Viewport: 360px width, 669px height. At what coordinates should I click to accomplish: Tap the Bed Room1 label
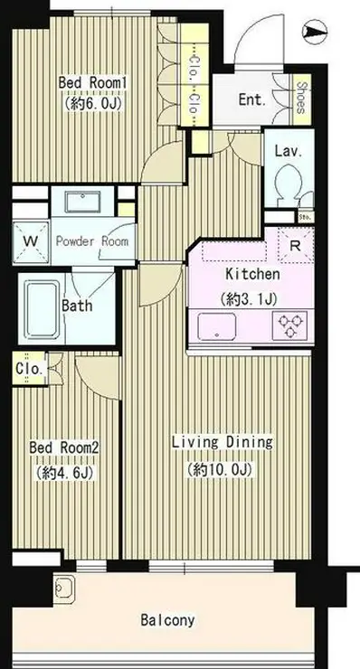click(92, 83)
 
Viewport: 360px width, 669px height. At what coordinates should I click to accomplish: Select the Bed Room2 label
click(64, 448)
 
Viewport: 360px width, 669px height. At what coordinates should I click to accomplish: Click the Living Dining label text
click(223, 442)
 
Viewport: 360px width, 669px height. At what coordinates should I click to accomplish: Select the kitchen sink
click(216, 327)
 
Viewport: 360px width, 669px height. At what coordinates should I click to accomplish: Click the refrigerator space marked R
click(296, 245)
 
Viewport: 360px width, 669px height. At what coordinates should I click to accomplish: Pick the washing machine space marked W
click(31, 241)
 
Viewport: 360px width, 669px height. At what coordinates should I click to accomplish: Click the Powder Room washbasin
click(83, 202)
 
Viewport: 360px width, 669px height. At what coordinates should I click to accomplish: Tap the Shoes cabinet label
click(301, 98)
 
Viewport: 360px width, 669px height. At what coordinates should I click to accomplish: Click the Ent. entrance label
click(252, 99)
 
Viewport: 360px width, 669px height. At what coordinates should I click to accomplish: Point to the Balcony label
click(167, 620)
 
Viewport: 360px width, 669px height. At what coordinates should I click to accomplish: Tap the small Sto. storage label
click(305, 217)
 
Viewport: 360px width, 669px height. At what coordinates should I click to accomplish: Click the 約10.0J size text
click(221, 469)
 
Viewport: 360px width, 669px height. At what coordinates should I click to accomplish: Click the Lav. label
click(289, 151)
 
